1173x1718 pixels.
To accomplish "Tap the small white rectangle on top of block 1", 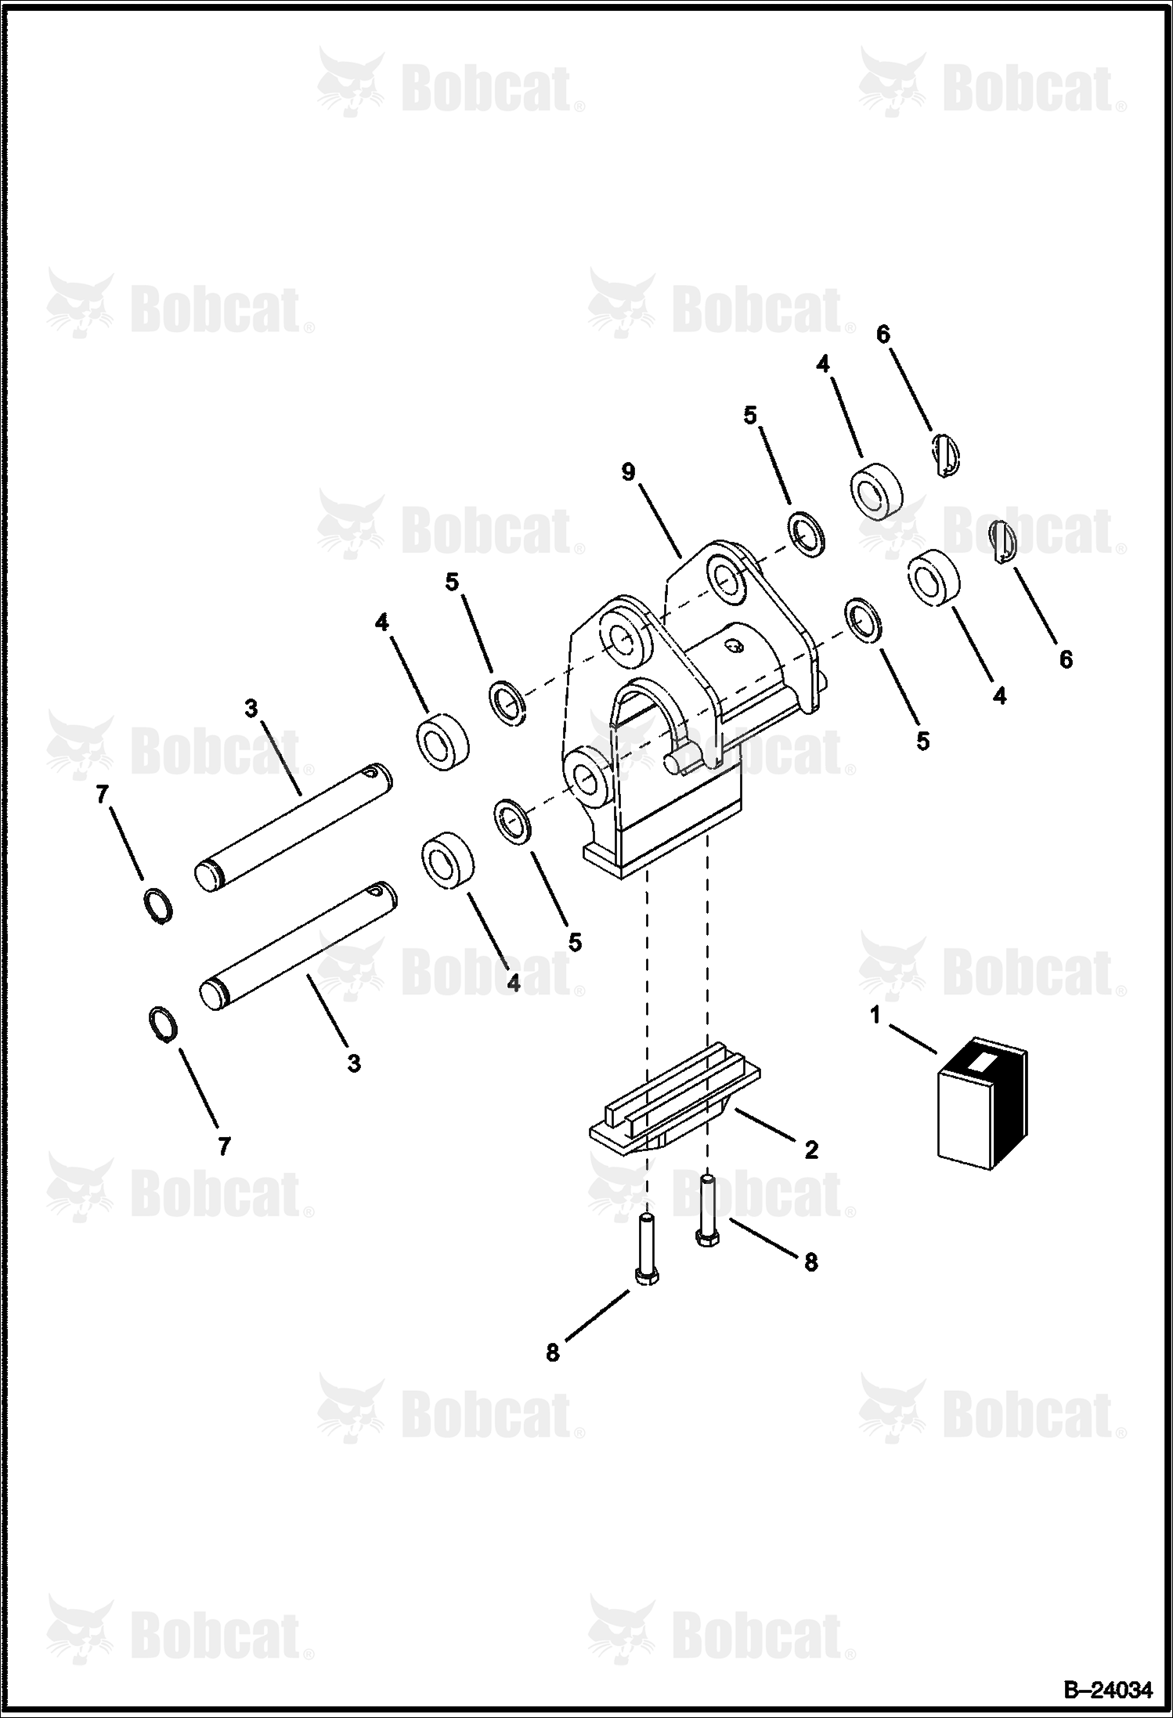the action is click(980, 1062).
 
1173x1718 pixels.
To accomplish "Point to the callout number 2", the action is click(810, 1150).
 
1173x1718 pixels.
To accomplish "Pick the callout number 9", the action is click(628, 472).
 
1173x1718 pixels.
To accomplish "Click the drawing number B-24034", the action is click(1107, 1691).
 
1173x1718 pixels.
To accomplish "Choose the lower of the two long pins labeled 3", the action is click(298, 947).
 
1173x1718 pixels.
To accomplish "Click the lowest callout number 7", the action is click(225, 1146).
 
